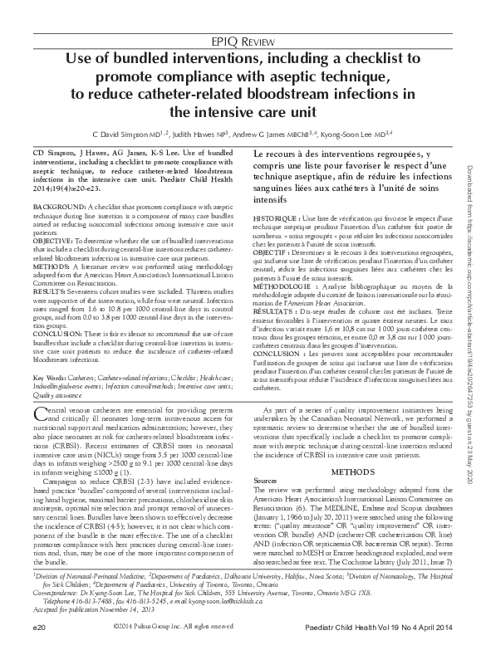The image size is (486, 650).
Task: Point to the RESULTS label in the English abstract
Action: click(49, 291)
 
